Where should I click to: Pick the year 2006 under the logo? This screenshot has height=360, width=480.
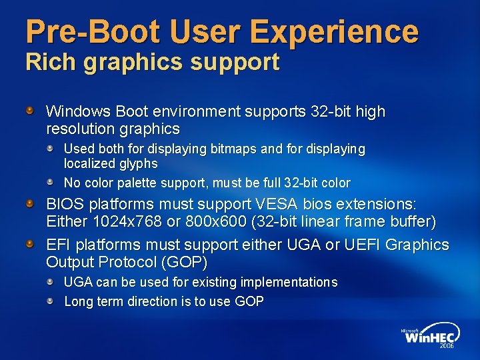coord(447,347)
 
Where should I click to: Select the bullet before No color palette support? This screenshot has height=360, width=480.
coord(51,181)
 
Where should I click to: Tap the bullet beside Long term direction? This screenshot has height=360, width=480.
coord(51,299)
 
